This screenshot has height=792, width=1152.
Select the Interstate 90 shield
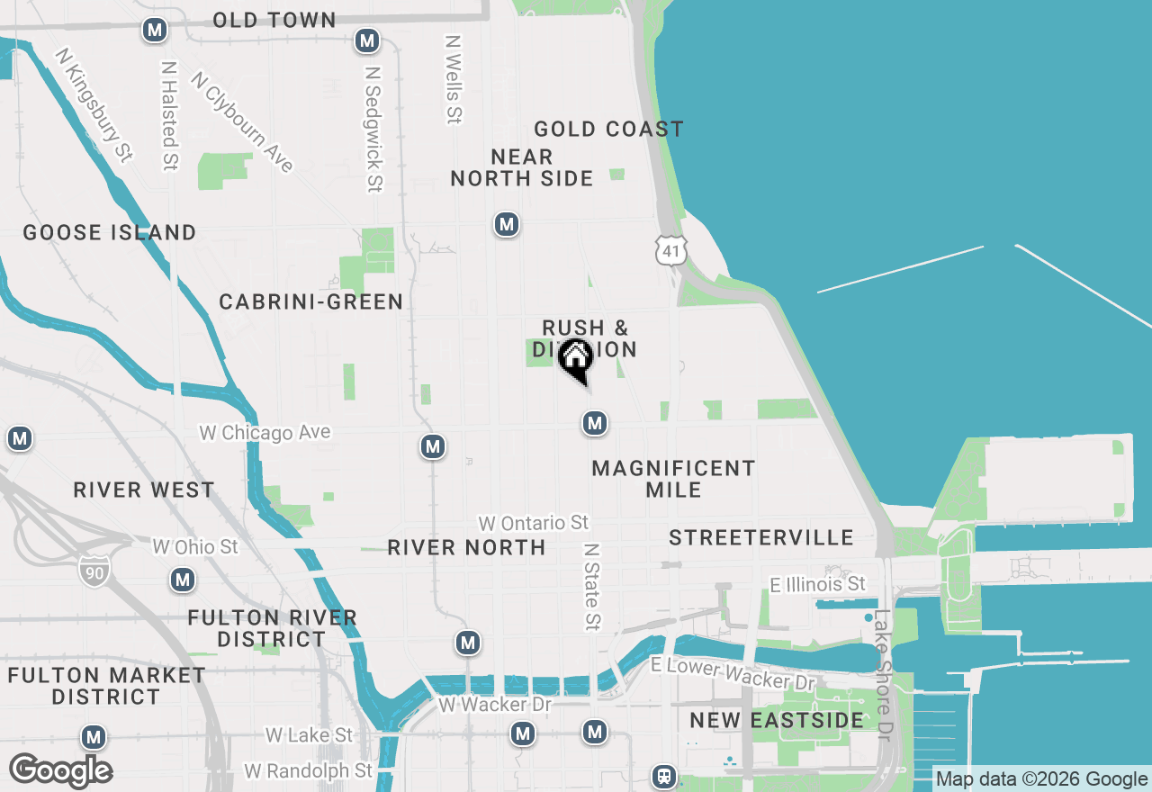click(x=94, y=571)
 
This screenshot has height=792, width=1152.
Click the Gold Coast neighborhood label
click(x=608, y=130)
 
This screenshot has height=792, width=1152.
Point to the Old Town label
click(x=274, y=20)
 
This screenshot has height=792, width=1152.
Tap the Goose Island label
click(x=110, y=232)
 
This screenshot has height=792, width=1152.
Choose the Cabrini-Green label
click(x=311, y=301)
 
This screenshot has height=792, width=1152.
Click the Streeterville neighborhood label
click(x=761, y=537)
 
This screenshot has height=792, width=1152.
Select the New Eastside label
click(x=777, y=720)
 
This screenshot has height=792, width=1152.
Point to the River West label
click(x=144, y=490)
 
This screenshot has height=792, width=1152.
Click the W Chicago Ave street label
click(x=265, y=433)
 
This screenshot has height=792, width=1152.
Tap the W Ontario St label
click(x=534, y=523)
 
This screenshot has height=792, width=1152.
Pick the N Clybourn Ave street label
click(x=242, y=122)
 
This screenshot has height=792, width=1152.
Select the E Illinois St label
click(x=818, y=585)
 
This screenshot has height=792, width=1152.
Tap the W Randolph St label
click(x=308, y=771)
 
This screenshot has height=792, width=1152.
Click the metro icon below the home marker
click(x=594, y=423)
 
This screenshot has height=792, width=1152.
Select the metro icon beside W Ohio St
click(x=184, y=580)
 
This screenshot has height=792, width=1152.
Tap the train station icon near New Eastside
click(x=664, y=776)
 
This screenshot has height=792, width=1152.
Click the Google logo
click(x=60, y=771)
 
